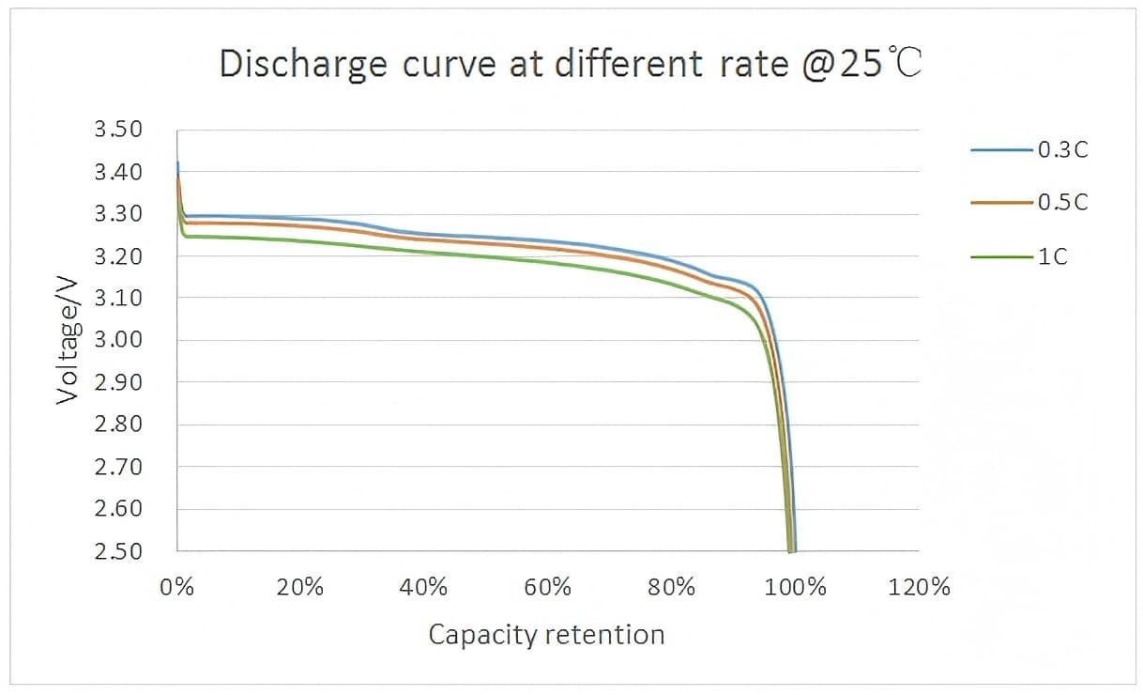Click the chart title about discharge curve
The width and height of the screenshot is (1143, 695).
(x=571, y=64)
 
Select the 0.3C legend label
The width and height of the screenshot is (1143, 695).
(x=1063, y=149)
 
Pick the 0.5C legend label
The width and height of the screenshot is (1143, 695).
(x=1063, y=203)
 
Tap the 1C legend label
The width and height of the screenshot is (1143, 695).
(x=1053, y=256)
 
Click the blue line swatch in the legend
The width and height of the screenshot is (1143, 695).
(x=1002, y=149)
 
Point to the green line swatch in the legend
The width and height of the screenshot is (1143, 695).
(x=1002, y=256)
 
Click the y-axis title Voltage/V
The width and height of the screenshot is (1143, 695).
(x=67, y=339)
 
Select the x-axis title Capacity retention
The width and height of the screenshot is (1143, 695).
(x=546, y=635)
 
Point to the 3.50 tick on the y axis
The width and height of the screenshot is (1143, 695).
(x=118, y=130)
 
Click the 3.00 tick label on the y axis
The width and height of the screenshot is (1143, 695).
(x=118, y=340)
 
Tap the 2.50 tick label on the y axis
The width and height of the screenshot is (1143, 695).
(x=118, y=551)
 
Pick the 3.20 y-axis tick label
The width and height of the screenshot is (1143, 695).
(x=118, y=256)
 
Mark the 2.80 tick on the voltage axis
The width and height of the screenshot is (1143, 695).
(x=118, y=425)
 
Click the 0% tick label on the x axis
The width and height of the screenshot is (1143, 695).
(x=177, y=589)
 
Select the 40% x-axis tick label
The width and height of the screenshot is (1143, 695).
(x=424, y=589)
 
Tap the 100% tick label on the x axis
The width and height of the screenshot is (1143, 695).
(x=795, y=589)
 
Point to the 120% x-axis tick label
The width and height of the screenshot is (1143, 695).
(x=919, y=589)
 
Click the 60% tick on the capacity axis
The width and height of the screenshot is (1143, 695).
(x=548, y=589)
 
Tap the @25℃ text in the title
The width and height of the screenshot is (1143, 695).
(x=861, y=64)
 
